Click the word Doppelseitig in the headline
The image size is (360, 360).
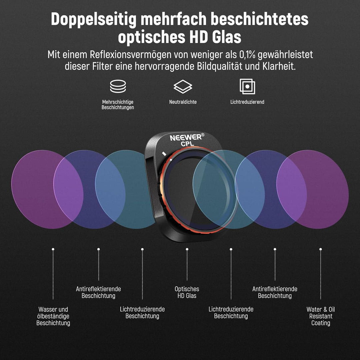click(x=94, y=20)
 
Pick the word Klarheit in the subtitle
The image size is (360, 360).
click(x=279, y=66)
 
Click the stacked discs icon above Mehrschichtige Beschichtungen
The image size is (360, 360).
click(x=118, y=86)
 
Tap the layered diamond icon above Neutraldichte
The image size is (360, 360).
click(x=183, y=87)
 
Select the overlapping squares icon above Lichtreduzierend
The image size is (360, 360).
click(x=247, y=86)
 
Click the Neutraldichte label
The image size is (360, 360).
click(x=183, y=102)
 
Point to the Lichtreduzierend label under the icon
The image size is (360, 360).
click(x=247, y=102)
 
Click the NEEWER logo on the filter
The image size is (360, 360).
click(x=186, y=138)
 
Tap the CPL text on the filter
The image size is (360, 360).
click(x=187, y=144)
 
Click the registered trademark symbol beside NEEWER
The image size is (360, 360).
click(x=203, y=135)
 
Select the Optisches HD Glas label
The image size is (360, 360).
click(x=187, y=292)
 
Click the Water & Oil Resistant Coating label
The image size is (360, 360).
click(x=321, y=316)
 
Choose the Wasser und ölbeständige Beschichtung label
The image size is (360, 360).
click(x=53, y=316)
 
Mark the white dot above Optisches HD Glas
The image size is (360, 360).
click(x=187, y=249)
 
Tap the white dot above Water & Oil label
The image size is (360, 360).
click(x=321, y=249)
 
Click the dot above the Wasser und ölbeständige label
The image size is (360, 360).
click(x=53, y=249)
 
